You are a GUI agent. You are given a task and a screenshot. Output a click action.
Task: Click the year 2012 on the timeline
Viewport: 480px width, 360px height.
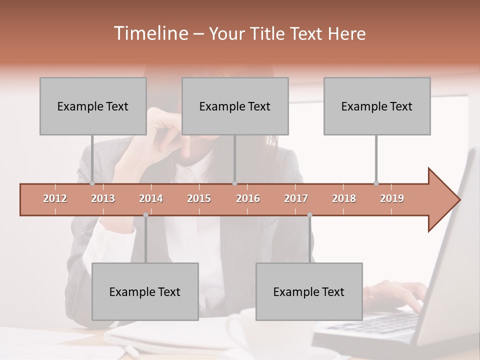click(x=55, y=198)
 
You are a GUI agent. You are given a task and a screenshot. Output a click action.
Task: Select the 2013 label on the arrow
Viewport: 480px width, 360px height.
click(x=103, y=198)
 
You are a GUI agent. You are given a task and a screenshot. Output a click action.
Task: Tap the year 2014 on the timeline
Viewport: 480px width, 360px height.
click(x=151, y=198)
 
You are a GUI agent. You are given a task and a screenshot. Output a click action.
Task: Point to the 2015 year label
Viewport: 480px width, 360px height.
click(x=199, y=198)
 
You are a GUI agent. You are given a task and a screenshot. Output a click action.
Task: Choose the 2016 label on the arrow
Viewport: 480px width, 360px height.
click(x=248, y=198)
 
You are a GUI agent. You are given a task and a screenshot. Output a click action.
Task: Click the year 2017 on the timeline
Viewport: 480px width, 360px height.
click(x=296, y=198)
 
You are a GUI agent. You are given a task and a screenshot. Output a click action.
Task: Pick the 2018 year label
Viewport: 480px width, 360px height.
click(x=344, y=198)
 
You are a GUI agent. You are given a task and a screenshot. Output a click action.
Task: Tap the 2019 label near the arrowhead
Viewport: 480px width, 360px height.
click(x=392, y=198)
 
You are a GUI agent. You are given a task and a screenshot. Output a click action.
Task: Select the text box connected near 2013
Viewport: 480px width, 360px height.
click(x=93, y=106)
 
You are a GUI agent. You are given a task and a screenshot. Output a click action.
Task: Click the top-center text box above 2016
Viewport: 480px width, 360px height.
click(x=235, y=106)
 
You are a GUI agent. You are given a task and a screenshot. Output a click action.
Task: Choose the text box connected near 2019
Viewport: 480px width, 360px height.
click(x=377, y=106)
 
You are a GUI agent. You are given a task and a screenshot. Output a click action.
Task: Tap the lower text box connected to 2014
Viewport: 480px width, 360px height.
click(x=145, y=291)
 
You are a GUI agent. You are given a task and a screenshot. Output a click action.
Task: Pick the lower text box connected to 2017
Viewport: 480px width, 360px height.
click(x=309, y=291)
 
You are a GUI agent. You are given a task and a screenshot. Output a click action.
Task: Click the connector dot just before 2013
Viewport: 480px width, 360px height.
click(x=92, y=183)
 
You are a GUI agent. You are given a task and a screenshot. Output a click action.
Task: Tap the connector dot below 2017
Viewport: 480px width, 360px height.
click(x=309, y=215)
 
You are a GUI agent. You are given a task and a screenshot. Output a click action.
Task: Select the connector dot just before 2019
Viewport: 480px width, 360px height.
click(x=376, y=183)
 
